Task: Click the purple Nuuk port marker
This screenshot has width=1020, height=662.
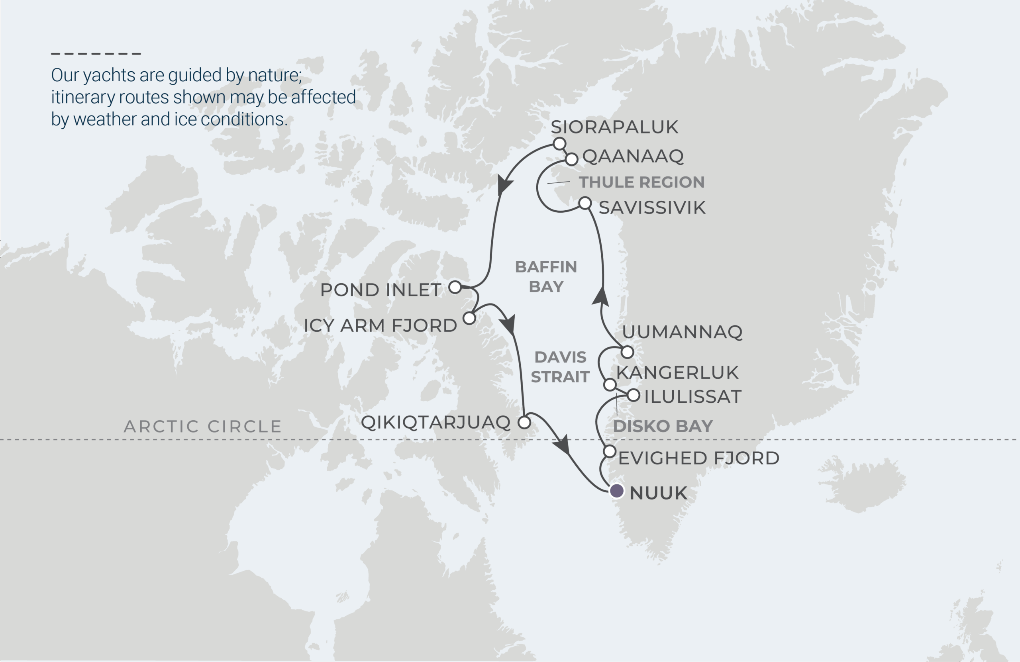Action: tap(616, 491)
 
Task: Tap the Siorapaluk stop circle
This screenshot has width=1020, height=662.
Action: tap(559, 143)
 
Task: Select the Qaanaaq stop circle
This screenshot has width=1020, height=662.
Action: tap(571, 159)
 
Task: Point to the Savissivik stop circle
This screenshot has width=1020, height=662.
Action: tap(585, 203)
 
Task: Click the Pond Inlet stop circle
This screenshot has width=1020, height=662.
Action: tap(455, 287)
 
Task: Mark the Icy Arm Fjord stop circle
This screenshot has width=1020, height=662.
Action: tap(469, 318)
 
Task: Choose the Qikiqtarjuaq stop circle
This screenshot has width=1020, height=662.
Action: tap(524, 423)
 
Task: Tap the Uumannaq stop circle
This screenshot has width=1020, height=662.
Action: tap(627, 352)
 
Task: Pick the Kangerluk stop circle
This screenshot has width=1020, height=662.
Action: tap(610, 384)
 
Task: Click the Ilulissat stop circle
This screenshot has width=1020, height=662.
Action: tap(634, 396)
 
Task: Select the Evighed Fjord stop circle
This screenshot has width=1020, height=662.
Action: tap(610, 451)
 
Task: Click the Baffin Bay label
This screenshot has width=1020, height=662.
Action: tap(546, 276)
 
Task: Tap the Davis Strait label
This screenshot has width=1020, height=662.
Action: tap(560, 367)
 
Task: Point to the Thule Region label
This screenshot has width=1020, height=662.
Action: tap(641, 182)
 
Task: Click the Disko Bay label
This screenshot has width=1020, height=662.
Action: tap(663, 426)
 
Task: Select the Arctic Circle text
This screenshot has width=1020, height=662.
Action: tap(202, 426)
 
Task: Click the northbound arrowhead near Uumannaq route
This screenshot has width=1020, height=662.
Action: tap(601, 296)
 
